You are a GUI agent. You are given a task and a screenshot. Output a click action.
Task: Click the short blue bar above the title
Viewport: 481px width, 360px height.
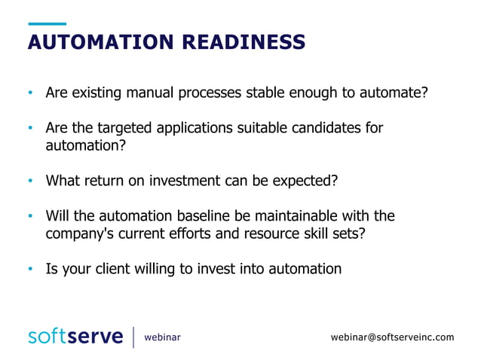46,24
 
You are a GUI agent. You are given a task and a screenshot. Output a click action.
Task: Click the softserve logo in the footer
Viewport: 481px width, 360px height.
75,337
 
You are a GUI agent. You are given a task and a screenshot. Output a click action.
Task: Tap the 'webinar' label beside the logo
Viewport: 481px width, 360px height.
162,337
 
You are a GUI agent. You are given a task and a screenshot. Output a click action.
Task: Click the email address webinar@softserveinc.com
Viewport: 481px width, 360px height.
392,337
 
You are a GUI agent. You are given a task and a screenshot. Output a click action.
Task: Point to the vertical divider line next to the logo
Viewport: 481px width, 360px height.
133,337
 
